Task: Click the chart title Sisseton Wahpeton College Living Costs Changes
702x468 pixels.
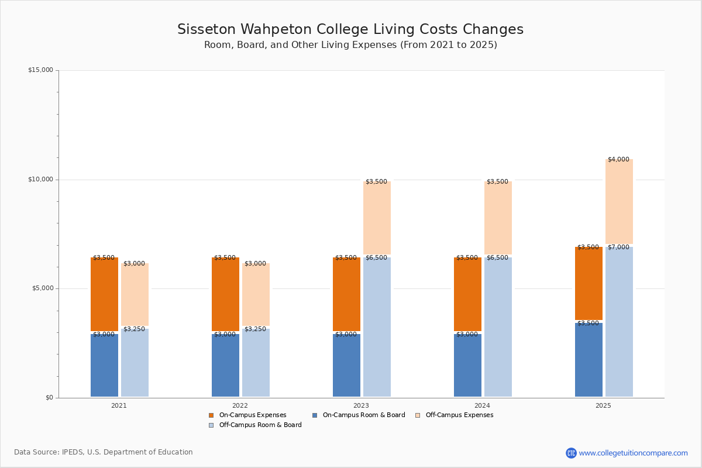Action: pyautogui.click(x=350, y=29)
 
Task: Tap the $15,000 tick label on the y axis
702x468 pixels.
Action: pyautogui.click(x=40, y=70)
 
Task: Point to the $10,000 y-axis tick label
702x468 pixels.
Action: pyautogui.click(x=40, y=180)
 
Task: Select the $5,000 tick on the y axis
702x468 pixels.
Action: pyautogui.click(x=42, y=288)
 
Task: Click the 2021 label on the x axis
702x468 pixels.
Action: pyautogui.click(x=119, y=405)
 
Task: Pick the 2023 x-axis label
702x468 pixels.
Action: pyautogui.click(x=361, y=405)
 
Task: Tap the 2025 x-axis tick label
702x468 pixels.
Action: pyautogui.click(x=603, y=405)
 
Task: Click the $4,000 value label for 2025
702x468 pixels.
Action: pyautogui.click(x=618, y=159)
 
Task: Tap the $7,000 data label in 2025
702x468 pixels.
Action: pyautogui.click(x=618, y=247)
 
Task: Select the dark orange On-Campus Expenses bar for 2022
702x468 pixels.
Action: pyautogui.click(x=225, y=294)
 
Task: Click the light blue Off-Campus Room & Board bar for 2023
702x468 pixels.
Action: pyautogui.click(x=377, y=328)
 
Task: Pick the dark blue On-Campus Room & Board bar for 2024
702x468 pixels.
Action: pyautogui.click(x=467, y=366)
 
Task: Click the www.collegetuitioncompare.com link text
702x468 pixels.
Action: pyautogui.click(x=633, y=453)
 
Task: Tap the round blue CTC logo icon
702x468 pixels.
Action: pyautogui.click(x=571, y=453)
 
